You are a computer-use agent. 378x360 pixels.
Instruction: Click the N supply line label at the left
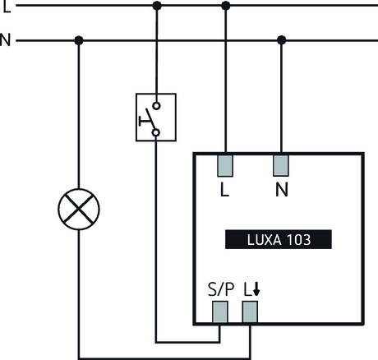(6, 39)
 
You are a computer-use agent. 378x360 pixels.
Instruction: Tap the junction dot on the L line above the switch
(157, 6)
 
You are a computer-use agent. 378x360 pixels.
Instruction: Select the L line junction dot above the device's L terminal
(226, 6)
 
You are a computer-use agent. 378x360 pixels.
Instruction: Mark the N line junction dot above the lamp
(79, 39)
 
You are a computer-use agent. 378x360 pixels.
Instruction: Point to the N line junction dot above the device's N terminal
(282, 39)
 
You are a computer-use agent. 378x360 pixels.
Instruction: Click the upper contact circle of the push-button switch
(156, 107)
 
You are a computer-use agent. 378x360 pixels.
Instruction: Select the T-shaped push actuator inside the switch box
(145, 121)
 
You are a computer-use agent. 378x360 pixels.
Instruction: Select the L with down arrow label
(251, 289)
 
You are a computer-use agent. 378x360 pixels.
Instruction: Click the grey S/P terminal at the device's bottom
(220, 312)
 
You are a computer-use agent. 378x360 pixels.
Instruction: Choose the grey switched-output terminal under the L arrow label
(250, 312)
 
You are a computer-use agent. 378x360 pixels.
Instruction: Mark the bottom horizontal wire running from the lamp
(164, 356)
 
